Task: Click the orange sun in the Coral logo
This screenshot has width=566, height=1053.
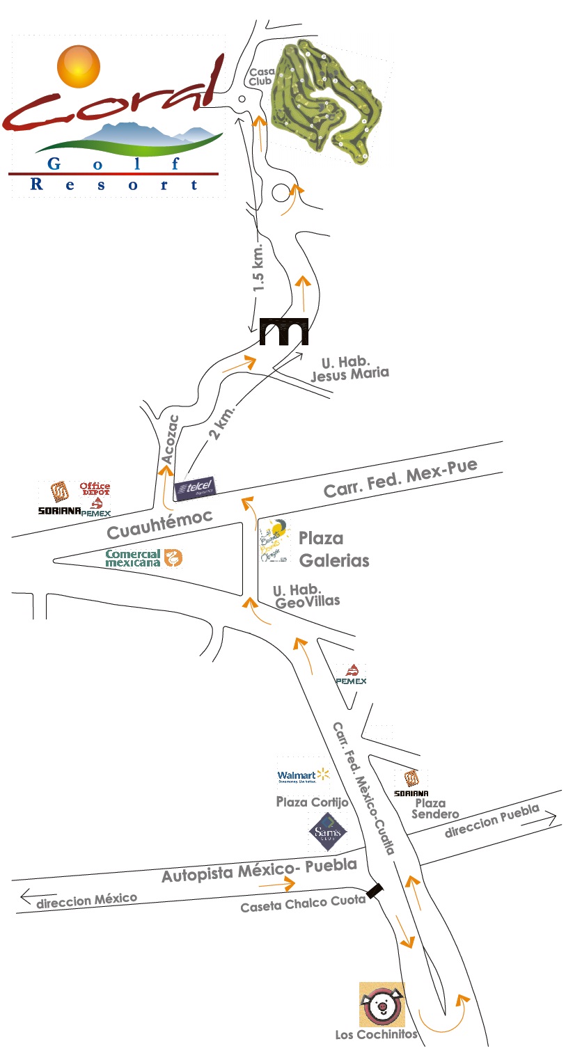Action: point(79,65)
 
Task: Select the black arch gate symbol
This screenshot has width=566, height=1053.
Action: point(283,331)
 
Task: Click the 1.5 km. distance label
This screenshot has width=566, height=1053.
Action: point(259,267)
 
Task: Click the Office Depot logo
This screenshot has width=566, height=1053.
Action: point(95,489)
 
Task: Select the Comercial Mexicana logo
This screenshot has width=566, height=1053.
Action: point(143,558)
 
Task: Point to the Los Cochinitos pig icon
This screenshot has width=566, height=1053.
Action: point(382,1004)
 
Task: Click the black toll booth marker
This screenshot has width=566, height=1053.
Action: point(376,890)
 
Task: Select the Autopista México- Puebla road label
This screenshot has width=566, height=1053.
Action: point(259,869)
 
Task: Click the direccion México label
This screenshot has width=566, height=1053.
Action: point(86,901)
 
